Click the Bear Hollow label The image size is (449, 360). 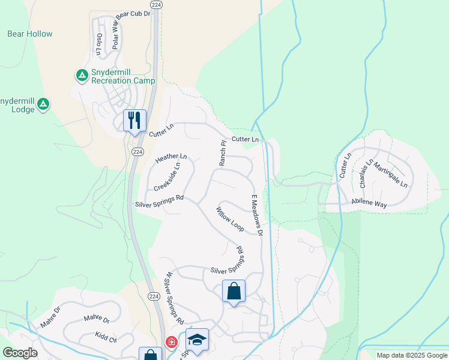(x=30, y=34)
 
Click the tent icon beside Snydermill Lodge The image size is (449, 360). (x=43, y=105)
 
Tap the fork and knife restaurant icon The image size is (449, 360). (x=134, y=120)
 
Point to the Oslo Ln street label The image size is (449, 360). (x=98, y=43)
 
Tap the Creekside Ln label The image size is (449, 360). (x=167, y=177)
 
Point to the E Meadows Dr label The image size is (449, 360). (x=257, y=215)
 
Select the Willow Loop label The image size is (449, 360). (x=230, y=220)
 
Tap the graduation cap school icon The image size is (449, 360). (x=197, y=339)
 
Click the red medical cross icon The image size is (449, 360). (x=172, y=342)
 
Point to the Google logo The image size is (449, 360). (x=20, y=353)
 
